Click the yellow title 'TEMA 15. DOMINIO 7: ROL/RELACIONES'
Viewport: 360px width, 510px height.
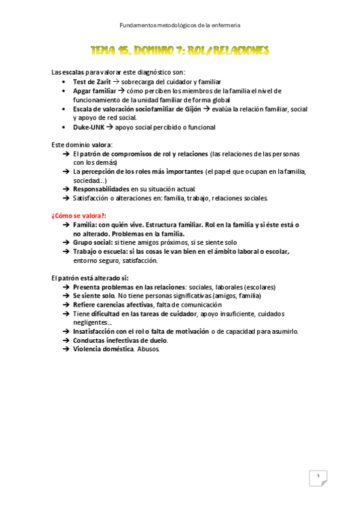[x=180, y=50]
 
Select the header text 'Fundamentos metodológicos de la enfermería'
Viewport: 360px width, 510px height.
[x=180, y=25]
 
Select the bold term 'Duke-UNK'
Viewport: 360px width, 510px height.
[x=88, y=127]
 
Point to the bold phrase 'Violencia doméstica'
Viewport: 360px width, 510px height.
[x=103, y=349]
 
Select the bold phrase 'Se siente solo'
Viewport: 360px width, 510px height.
[x=94, y=296]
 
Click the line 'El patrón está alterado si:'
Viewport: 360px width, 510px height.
[x=90, y=278]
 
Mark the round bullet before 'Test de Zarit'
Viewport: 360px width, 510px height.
[x=65, y=82]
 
